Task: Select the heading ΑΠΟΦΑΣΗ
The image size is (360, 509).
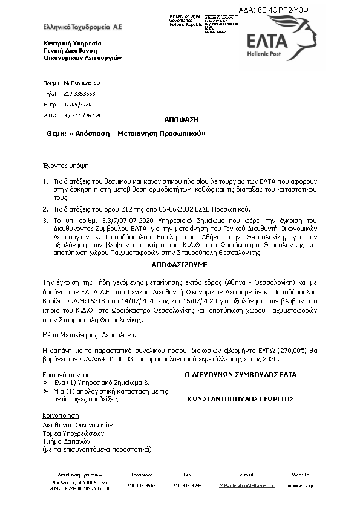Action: coord(182,120)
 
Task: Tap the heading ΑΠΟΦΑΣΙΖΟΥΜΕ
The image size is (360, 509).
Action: coord(180,265)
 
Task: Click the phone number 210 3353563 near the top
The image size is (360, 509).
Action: coord(79,94)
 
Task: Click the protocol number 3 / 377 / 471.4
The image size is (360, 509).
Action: coord(82,115)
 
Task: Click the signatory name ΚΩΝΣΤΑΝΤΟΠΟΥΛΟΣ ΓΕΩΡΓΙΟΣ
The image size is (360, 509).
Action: coord(240,399)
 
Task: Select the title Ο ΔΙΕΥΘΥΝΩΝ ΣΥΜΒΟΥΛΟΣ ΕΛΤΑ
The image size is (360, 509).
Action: coord(240,375)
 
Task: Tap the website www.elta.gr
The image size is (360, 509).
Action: coord(300,485)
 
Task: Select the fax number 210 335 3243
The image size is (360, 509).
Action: coord(187,485)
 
